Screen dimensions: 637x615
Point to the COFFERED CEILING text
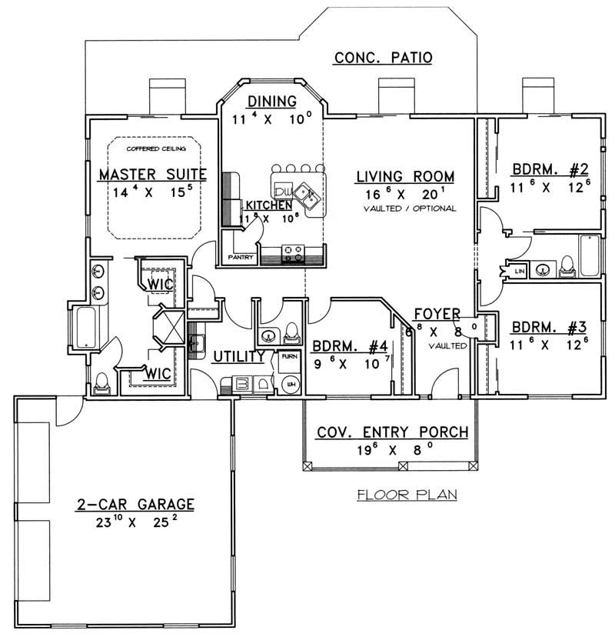point(151,146)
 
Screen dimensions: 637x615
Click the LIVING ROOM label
point(404,177)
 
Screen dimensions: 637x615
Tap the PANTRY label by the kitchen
point(240,258)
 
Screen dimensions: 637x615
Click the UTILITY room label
point(239,356)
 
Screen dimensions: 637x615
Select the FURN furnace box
point(289,358)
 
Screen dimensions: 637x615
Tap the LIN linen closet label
point(518,271)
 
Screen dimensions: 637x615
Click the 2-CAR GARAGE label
point(135,505)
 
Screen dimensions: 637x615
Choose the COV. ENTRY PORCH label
point(392,432)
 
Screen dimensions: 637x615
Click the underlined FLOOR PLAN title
point(407,494)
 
